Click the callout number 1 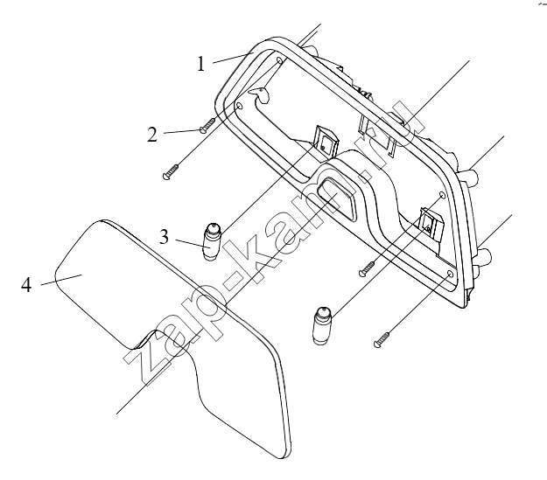click(x=200, y=64)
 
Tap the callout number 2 click(x=152, y=135)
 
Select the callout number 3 click(x=164, y=237)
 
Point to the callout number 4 click(x=26, y=285)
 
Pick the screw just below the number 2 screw click(x=172, y=171)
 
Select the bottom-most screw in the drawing click(x=382, y=339)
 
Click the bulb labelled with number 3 click(x=212, y=241)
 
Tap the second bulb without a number click(x=322, y=325)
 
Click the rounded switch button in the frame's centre click(x=336, y=198)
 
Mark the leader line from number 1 click(x=232, y=58)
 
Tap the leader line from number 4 click(x=61, y=280)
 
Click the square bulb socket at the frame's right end click(x=431, y=226)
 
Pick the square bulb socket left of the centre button click(x=326, y=143)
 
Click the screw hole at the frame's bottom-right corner click(x=450, y=274)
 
